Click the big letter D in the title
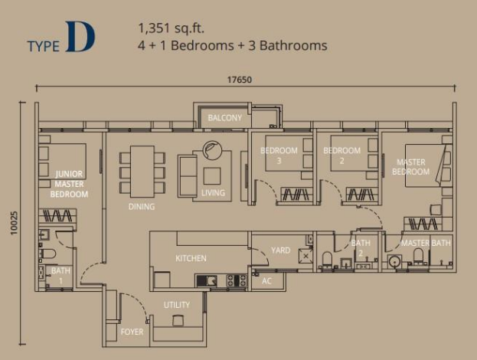click(80, 37)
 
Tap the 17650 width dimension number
click(240, 80)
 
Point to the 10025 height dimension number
click(15, 223)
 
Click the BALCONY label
click(225, 118)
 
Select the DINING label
click(142, 207)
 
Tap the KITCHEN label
click(191, 258)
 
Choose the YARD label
click(281, 250)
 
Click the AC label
click(266, 281)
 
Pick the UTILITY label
click(177, 305)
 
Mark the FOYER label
click(132, 332)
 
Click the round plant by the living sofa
click(212, 150)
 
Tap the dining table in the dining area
click(142, 172)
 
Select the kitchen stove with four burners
click(237, 280)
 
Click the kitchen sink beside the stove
click(207, 280)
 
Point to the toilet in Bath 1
click(48, 254)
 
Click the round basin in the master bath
click(395, 262)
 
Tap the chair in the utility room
click(178, 320)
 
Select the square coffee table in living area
click(212, 176)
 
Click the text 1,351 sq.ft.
click(172, 28)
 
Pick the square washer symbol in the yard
click(306, 257)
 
